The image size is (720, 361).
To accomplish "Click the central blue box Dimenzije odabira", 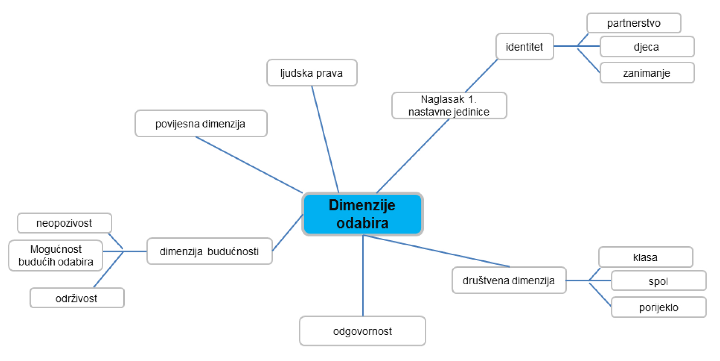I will point(362,214).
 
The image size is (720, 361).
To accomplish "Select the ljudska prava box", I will point(312,73).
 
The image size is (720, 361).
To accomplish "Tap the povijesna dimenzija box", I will point(201,123).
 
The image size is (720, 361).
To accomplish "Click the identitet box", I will point(524,47).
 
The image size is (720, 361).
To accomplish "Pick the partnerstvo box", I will point(634,23).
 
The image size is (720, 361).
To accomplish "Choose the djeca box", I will point(647,47).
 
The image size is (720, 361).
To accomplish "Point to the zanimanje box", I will point(647,73).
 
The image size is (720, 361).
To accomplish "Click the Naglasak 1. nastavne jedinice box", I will point(449,105).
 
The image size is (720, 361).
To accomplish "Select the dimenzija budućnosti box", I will point(209,251).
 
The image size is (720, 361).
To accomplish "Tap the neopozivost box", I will point(64,223).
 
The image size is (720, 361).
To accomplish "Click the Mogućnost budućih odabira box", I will point(56,256).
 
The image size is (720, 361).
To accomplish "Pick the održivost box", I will point(77,298).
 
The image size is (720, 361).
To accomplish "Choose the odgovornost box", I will point(362,331).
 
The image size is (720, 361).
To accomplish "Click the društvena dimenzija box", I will point(509,280).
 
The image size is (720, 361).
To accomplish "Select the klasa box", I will point(645,257).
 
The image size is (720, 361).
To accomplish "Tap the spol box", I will point(658,281).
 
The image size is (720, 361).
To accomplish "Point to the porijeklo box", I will point(658,308).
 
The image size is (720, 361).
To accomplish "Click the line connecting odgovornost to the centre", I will point(363,275).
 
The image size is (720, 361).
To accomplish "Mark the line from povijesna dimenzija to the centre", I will point(249,165).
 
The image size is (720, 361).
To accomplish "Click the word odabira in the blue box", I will point(362,223).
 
